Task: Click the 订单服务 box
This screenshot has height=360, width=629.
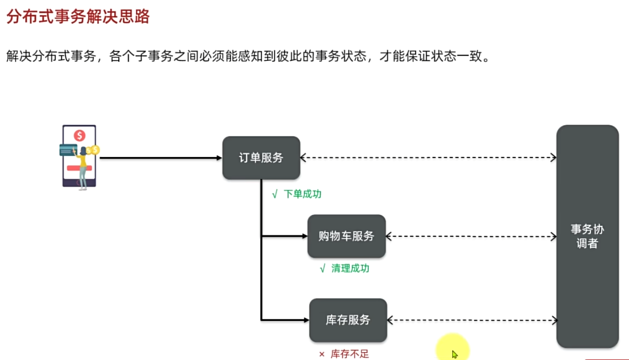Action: [261, 158]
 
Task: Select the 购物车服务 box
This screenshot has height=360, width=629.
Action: [346, 236]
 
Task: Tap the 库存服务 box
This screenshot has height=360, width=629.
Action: [348, 320]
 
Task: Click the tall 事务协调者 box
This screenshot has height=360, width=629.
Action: [587, 236]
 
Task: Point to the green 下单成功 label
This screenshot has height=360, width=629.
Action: [302, 194]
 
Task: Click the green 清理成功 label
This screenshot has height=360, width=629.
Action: [350, 268]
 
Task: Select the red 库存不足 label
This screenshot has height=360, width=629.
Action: [349, 354]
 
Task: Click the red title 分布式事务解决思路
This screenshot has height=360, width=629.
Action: [78, 17]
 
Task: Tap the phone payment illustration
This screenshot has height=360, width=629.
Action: [79, 156]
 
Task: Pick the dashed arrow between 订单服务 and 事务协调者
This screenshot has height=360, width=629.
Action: [428, 157]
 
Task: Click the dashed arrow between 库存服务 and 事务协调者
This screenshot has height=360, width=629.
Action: [472, 320]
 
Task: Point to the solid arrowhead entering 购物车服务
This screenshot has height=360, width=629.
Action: [304, 236]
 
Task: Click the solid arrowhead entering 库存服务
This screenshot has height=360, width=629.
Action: [306, 320]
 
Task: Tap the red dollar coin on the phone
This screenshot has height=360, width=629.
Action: [79, 135]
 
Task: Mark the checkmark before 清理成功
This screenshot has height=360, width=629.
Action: [323, 269]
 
